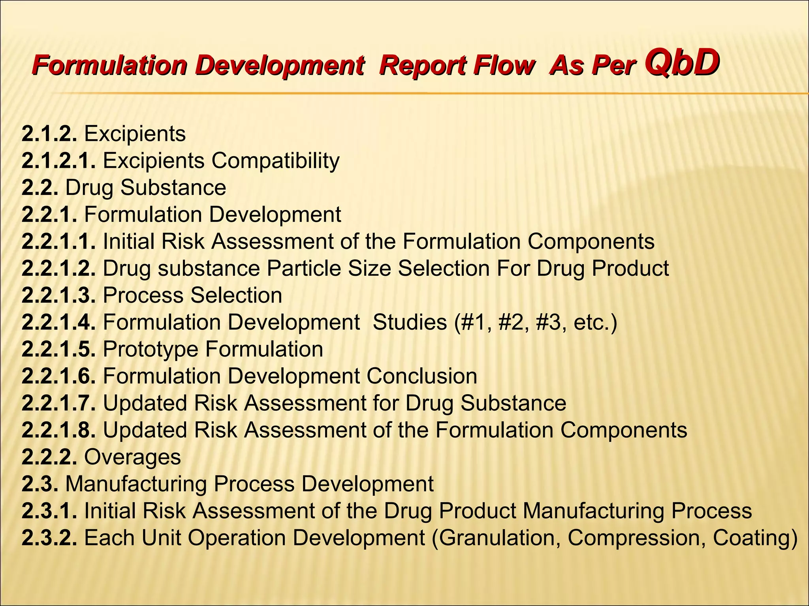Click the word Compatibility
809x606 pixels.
275,161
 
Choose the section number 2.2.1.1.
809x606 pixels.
58,241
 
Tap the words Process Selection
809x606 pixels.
192,295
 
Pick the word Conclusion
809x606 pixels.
421,376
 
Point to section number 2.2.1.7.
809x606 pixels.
58,403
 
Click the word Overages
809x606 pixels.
132,457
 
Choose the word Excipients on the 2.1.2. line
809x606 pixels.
135,134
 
